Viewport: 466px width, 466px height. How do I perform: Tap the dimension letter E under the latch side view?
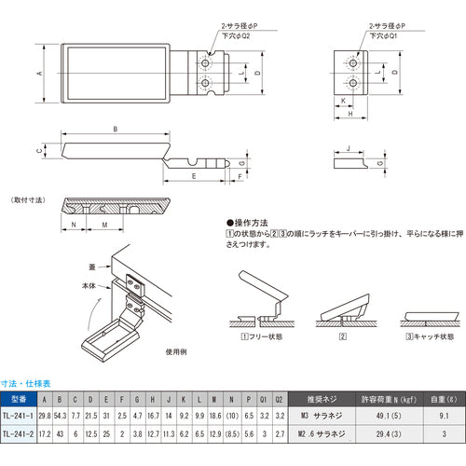(x=193, y=175)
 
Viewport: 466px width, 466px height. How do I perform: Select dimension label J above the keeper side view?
(x=347, y=147)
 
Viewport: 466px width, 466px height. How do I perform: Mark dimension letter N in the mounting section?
(x=73, y=225)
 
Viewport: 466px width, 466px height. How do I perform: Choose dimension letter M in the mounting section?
(x=104, y=225)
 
